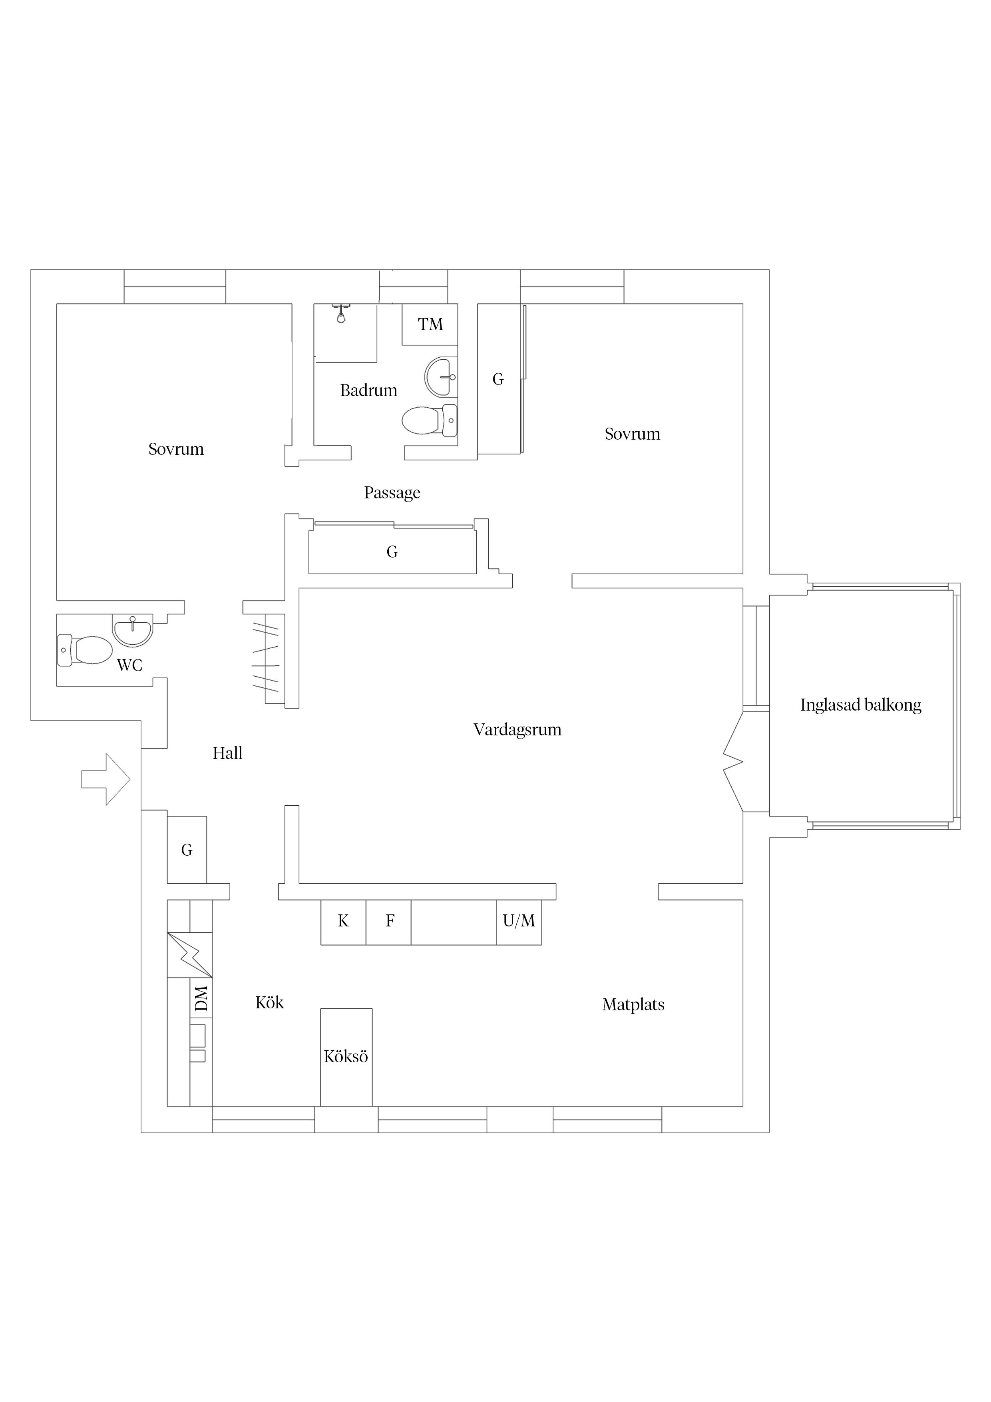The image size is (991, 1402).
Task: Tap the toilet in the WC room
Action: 86,650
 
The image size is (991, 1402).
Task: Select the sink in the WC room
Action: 133,629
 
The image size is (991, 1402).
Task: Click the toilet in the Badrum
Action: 430,420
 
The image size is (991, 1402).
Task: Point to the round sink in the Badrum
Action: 441,377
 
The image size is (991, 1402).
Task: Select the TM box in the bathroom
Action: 430,324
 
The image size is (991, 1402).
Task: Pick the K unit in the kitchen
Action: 343,922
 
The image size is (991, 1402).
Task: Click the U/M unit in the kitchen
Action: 518,922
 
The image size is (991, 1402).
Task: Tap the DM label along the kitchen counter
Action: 201,998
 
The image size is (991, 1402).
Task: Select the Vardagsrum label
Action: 517,730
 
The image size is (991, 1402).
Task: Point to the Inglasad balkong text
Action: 860,705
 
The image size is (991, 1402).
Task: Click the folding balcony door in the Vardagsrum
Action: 733,761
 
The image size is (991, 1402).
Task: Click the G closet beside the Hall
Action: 187,849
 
